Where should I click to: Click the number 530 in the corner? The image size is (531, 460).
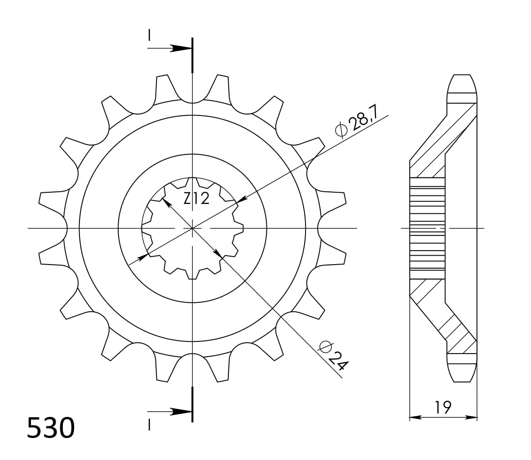coord(51,428)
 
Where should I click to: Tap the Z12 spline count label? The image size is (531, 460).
coord(196,198)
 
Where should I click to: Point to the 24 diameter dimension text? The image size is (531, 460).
coord(334,355)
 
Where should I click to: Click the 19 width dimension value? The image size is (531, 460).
coord(442,407)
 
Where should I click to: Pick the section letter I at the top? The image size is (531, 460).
coord(149,35)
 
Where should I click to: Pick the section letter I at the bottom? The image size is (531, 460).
coord(149,424)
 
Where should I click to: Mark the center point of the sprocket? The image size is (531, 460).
coord(192,229)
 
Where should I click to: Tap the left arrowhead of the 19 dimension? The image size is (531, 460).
coord(414,418)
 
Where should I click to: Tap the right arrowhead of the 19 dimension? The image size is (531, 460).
coord(472,418)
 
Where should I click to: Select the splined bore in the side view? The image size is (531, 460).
coord(427,229)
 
